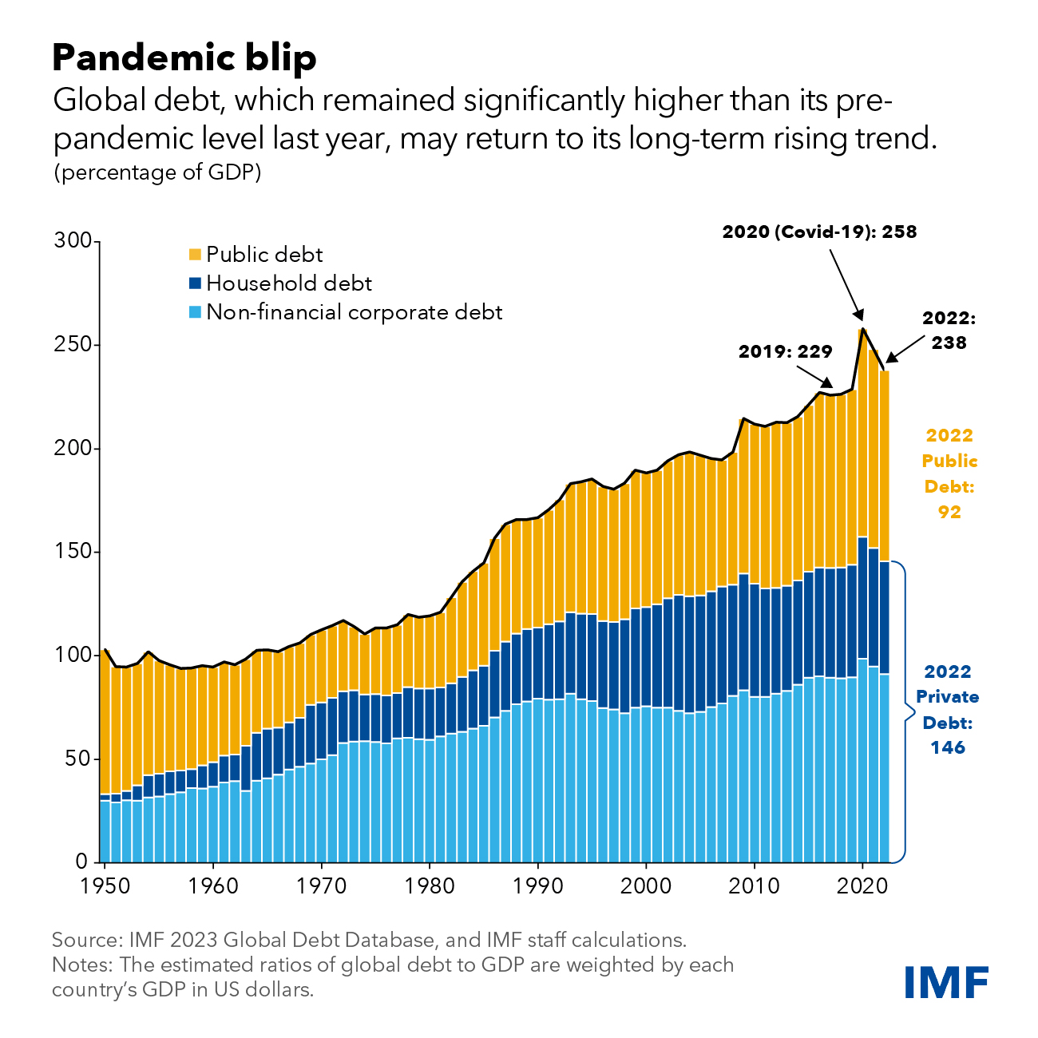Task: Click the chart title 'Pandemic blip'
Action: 184,58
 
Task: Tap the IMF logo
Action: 947,981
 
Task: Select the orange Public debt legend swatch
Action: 195,255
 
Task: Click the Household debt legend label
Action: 288,283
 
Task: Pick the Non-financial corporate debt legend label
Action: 354,312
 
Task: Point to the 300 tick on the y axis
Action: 72,241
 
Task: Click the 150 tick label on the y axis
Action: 72,552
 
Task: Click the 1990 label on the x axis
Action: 538,885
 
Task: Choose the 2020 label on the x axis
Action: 862,885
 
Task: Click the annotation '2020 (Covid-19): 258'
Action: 819,232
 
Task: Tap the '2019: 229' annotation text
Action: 785,351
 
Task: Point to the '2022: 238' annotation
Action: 949,331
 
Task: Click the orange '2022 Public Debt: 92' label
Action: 949,473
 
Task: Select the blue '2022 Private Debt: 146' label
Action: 947,709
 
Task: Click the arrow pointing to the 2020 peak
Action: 846,284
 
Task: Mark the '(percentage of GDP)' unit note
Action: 157,172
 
